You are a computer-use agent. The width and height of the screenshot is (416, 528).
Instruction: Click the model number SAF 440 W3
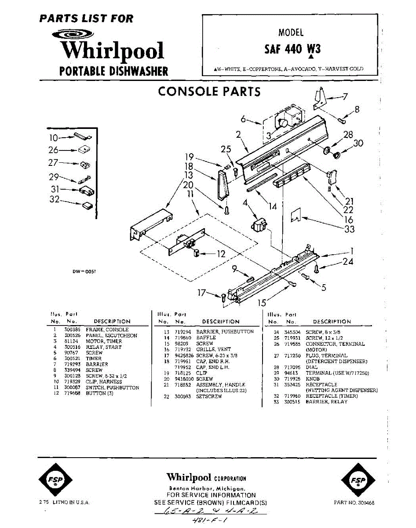(x=292, y=48)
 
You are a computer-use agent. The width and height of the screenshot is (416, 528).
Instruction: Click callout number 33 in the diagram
(x=350, y=229)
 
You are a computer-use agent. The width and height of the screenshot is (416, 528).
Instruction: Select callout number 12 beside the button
(x=221, y=254)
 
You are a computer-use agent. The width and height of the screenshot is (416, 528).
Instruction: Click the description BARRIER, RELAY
(x=327, y=402)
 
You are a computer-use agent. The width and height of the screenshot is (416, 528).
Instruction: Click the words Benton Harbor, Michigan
(x=207, y=489)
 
